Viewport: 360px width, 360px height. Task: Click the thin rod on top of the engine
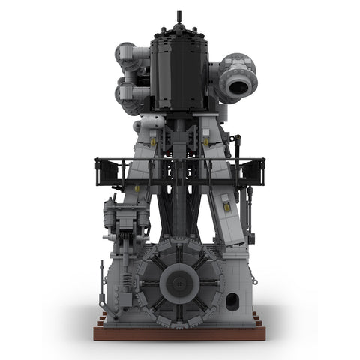(178, 18)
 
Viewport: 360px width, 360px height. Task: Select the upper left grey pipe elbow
(128, 54)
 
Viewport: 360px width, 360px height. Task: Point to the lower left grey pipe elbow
(127, 94)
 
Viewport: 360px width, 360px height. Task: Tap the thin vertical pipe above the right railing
(238, 146)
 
